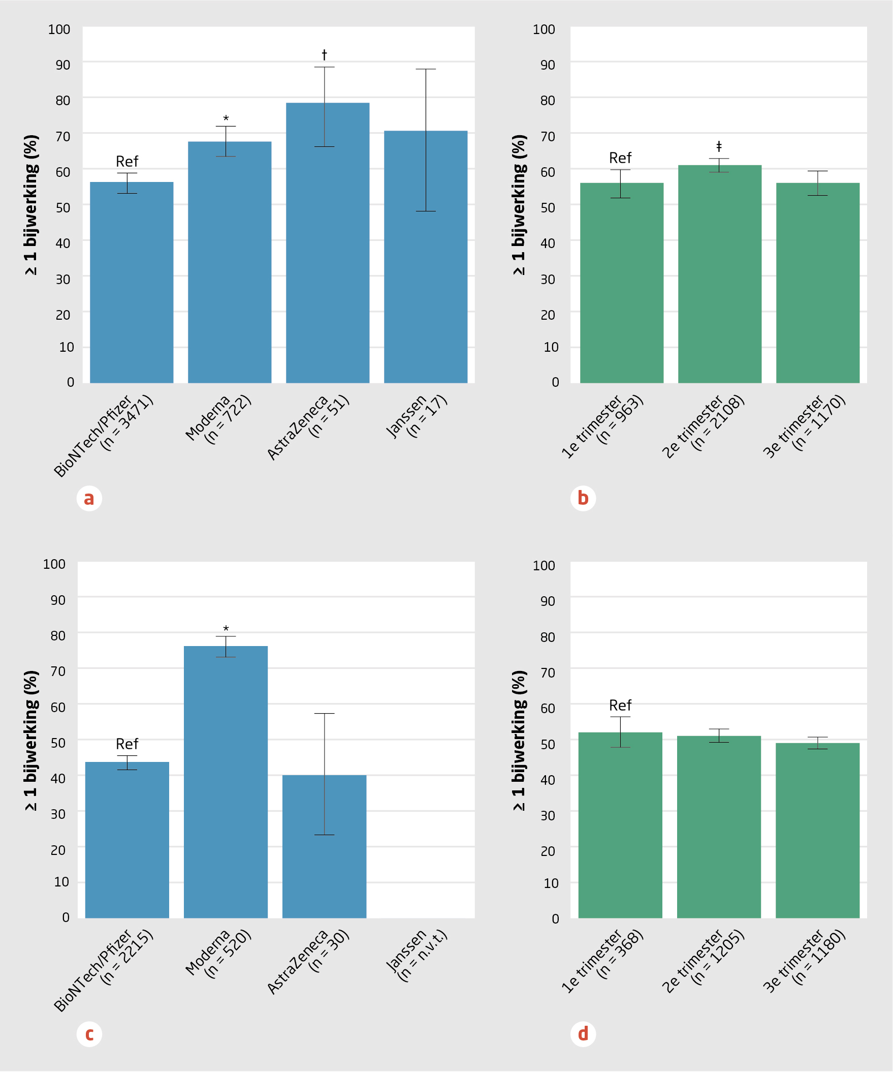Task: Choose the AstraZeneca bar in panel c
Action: click(324, 847)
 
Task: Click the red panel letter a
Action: click(89, 499)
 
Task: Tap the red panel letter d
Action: click(583, 1034)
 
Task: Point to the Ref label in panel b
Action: click(620, 158)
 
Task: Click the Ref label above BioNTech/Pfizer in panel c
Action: click(127, 744)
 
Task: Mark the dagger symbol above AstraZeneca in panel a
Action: click(324, 54)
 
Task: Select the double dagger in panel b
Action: click(719, 147)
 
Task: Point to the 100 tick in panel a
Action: click(59, 29)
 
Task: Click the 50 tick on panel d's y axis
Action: click(548, 744)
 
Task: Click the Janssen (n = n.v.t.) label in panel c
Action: click(416, 955)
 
